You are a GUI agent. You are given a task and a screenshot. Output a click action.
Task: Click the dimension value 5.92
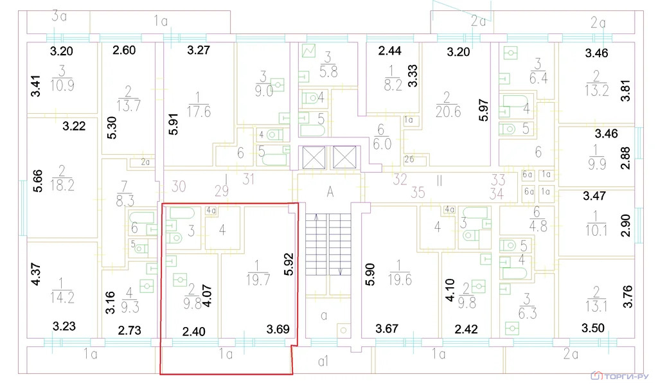click(289, 264)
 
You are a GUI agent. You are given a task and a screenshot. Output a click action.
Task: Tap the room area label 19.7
click(258, 280)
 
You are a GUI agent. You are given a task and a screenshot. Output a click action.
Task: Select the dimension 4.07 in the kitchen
click(207, 296)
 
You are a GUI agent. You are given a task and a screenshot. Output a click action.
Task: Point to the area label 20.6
click(448, 112)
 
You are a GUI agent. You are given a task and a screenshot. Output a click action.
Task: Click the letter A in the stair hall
click(330, 192)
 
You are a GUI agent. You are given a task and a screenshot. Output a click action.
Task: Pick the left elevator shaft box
click(314, 157)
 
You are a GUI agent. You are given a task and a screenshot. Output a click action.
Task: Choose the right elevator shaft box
click(344, 157)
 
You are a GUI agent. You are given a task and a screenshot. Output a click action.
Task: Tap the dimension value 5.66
click(37, 181)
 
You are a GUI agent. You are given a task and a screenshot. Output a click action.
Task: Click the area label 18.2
click(62, 185)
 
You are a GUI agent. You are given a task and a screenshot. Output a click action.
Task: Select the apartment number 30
click(179, 186)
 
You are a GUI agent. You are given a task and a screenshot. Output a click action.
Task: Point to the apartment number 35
click(418, 192)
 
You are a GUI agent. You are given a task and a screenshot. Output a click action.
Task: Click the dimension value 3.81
click(626, 91)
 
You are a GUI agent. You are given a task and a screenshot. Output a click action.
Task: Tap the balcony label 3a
click(59, 16)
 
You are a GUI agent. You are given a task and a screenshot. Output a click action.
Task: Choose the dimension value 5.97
click(484, 110)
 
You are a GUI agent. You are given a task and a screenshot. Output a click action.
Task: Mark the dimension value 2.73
click(129, 330)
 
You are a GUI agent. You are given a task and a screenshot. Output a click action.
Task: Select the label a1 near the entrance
click(323, 361)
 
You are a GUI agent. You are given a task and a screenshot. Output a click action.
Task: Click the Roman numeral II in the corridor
click(440, 181)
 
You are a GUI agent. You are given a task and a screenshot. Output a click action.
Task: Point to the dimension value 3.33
click(413, 76)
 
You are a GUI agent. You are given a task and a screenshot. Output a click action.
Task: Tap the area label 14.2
click(62, 297)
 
